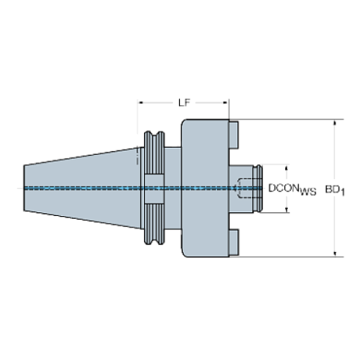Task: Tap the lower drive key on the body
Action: [234, 242]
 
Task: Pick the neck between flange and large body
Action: [171, 188]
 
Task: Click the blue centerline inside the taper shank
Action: [81, 189]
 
